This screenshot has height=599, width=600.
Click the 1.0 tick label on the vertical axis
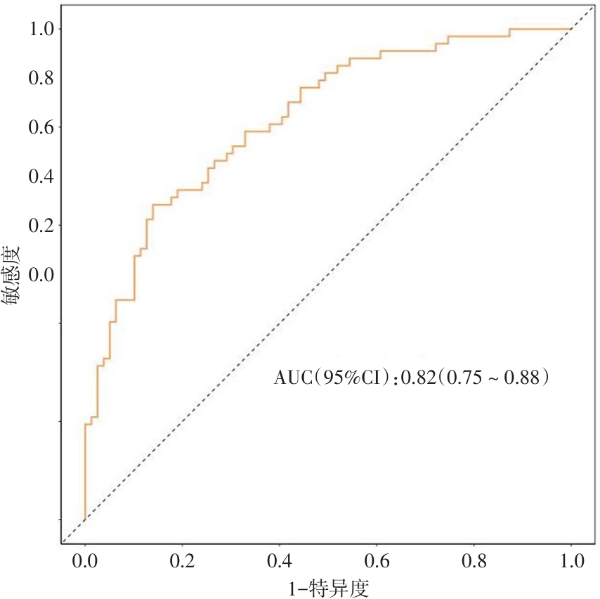tap(41, 29)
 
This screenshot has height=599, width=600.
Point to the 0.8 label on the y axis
tap(41, 78)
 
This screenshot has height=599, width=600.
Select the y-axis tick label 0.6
tap(41, 127)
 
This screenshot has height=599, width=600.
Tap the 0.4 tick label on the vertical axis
tap(41, 176)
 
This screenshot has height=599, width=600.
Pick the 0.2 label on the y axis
tap(41, 226)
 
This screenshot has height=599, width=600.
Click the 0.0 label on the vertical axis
tap(41, 275)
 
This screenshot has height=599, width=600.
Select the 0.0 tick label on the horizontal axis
tap(85, 562)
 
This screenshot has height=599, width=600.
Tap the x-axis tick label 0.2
tap(183, 562)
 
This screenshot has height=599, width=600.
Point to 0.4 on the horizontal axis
tap(280, 562)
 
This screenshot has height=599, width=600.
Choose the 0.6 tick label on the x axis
tap(377, 562)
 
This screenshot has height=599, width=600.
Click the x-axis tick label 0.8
tap(474, 562)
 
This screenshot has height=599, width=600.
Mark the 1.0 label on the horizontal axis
tap(570, 562)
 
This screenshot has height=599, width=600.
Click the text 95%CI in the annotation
tap(353, 379)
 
